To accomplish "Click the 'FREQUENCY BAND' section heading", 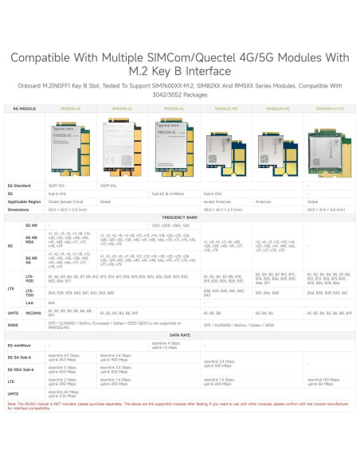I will click(x=180, y=217).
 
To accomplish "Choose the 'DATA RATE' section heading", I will click(x=180, y=335).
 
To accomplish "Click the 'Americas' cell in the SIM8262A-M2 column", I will click(x=265, y=201).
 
